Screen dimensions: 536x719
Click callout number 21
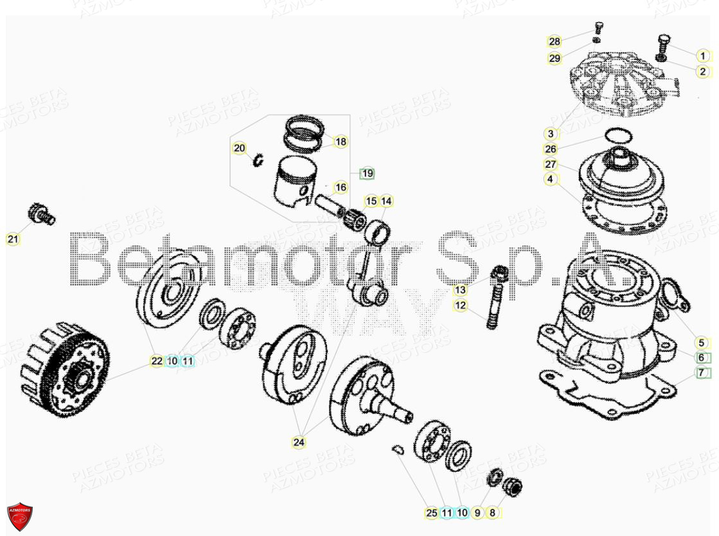click(x=13, y=240)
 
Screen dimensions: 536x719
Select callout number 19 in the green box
click(x=367, y=173)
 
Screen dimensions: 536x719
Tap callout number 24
click(x=299, y=442)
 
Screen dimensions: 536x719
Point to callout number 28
click(x=555, y=41)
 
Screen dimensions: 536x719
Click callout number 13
click(x=460, y=290)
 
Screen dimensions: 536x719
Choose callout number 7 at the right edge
click(x=702, y=373)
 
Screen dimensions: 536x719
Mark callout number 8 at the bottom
click(x=493, y=513)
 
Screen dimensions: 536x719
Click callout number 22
click(x=157, y=361)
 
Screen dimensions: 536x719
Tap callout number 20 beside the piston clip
click(x=239, y=149)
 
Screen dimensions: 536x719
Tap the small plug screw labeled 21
click(x=42, y=214)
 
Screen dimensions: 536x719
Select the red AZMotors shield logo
click(x=20, y=516)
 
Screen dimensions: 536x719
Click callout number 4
click(x=550, y=180)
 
